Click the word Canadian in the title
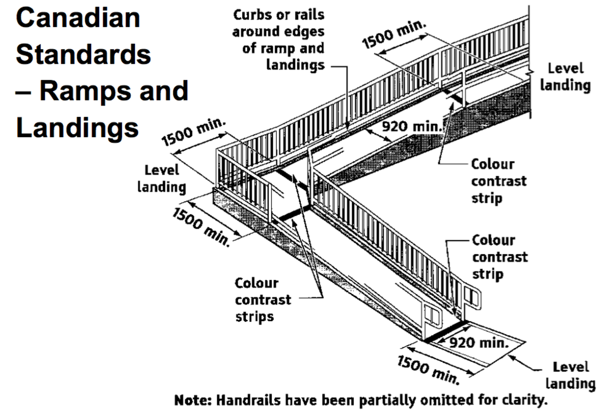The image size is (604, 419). [78, 19]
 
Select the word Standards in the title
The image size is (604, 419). [84, 55]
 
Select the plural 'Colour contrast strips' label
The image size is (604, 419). [263, 300]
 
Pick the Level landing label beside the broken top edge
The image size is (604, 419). [566, 77]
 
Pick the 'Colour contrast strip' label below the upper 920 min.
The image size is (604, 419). [492, 181]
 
